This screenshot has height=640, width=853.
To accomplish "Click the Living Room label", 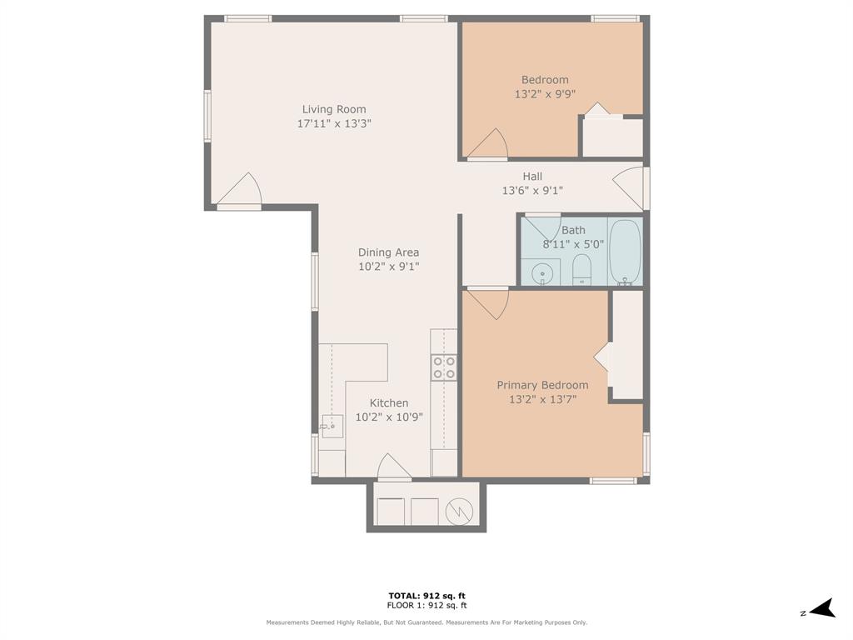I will point(333,109).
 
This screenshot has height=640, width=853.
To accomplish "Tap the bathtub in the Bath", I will point(624,251).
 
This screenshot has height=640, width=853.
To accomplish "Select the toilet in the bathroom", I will point(582,268).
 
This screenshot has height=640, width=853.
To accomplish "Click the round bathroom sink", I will point(542,272).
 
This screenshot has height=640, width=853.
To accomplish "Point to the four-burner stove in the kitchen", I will point(443,367).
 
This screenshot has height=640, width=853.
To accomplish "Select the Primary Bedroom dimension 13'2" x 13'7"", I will point(542,399).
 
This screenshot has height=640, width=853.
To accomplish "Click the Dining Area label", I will point(388,252).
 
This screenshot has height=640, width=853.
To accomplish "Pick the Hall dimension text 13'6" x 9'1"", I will point(532,190).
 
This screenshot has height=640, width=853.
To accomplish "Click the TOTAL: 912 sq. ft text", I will point(426,595).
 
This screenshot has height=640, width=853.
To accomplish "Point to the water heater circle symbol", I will point(459,512).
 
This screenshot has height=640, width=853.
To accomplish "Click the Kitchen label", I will point(389,403).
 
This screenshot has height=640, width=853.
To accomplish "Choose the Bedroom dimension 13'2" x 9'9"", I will point(545,94).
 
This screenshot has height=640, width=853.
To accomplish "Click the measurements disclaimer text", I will point(426,622).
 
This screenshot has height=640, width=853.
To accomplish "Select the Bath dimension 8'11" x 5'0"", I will point(573,244).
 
